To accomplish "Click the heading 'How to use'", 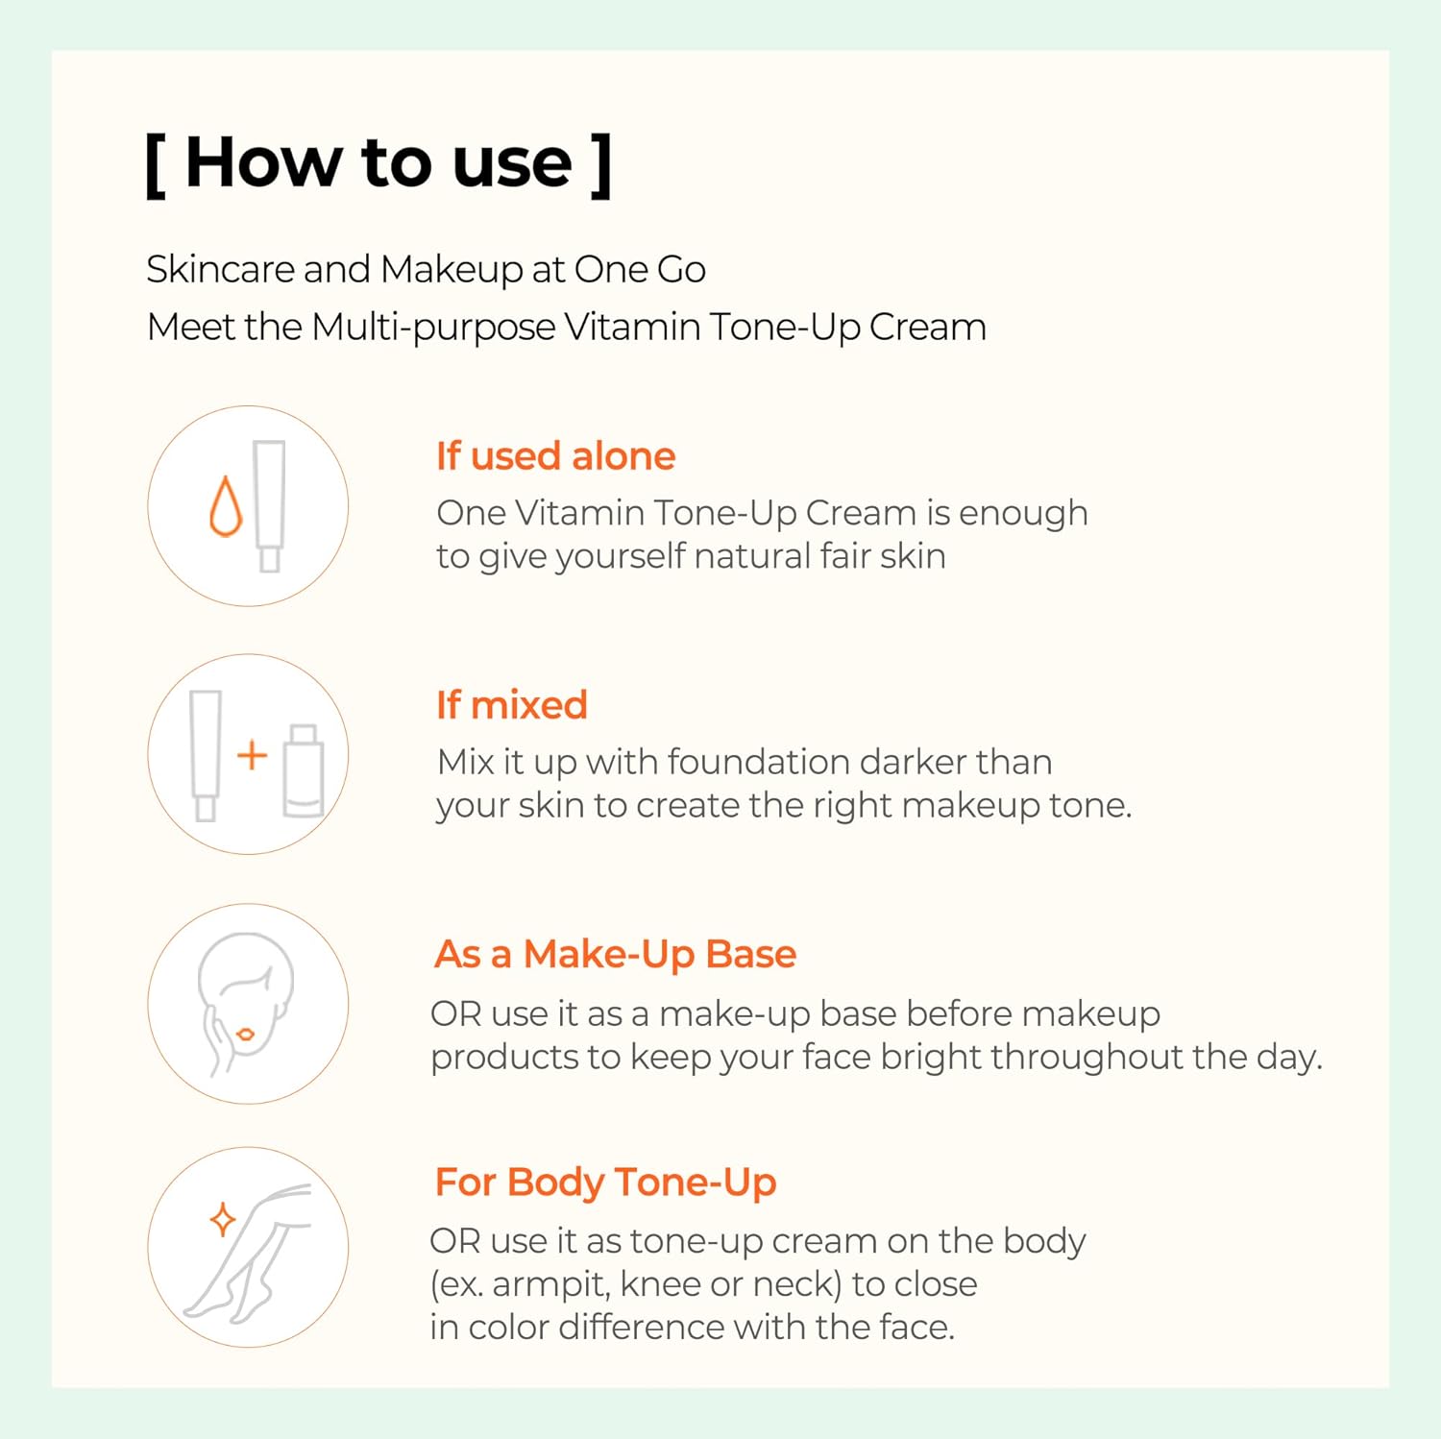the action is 379,162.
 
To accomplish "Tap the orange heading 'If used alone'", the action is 555,456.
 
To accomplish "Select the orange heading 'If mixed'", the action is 511,705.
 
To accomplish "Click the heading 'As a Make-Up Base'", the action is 615,955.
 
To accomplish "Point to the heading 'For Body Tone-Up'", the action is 605,1183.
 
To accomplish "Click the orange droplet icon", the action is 226,506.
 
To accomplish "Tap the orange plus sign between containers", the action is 252,755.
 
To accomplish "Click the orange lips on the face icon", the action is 245,1035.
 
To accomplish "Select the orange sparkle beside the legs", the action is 223,1220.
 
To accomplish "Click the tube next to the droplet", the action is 269,506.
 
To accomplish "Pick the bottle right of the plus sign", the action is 304,771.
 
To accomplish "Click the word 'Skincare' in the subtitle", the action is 220,270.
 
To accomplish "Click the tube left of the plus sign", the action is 206,756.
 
